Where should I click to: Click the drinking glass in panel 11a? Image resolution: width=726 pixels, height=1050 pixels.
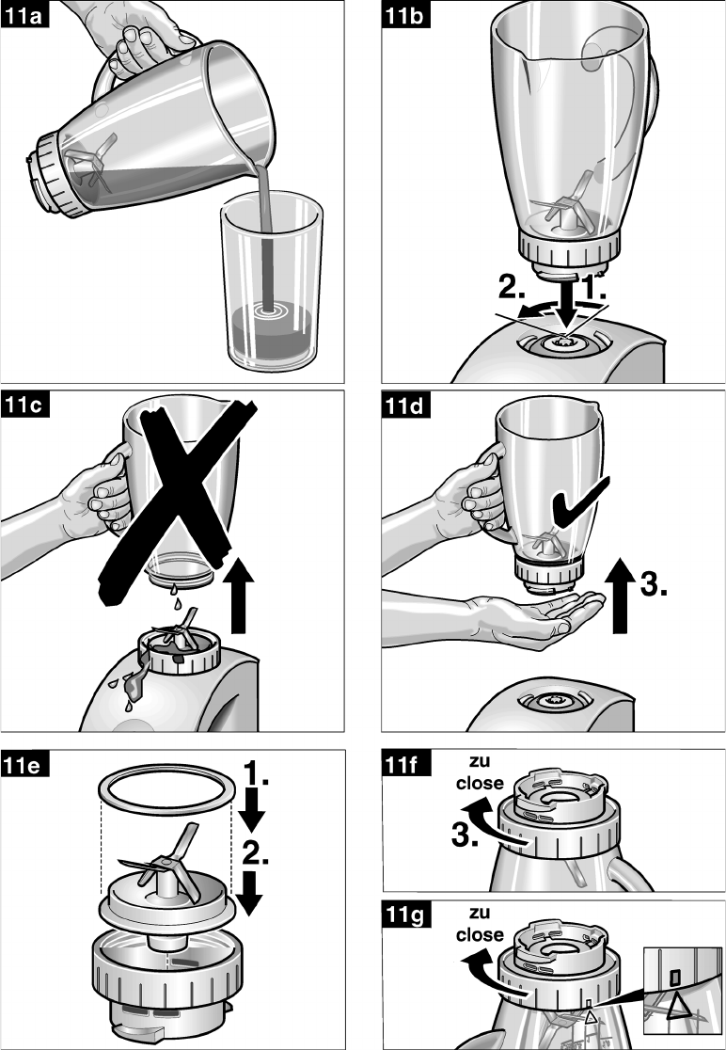click(273, 281)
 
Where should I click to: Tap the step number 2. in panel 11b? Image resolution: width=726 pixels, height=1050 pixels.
click(512, 287)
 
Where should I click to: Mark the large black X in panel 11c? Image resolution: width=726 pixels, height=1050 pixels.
click(178, 499)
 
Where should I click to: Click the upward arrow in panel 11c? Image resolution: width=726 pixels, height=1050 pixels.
click(240, 594)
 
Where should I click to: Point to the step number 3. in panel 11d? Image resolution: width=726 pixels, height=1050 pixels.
click(653, 584)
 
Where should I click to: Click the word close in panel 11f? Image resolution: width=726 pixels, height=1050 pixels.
click(480, 783)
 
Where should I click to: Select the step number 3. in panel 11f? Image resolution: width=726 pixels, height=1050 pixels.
click(465, 835)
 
